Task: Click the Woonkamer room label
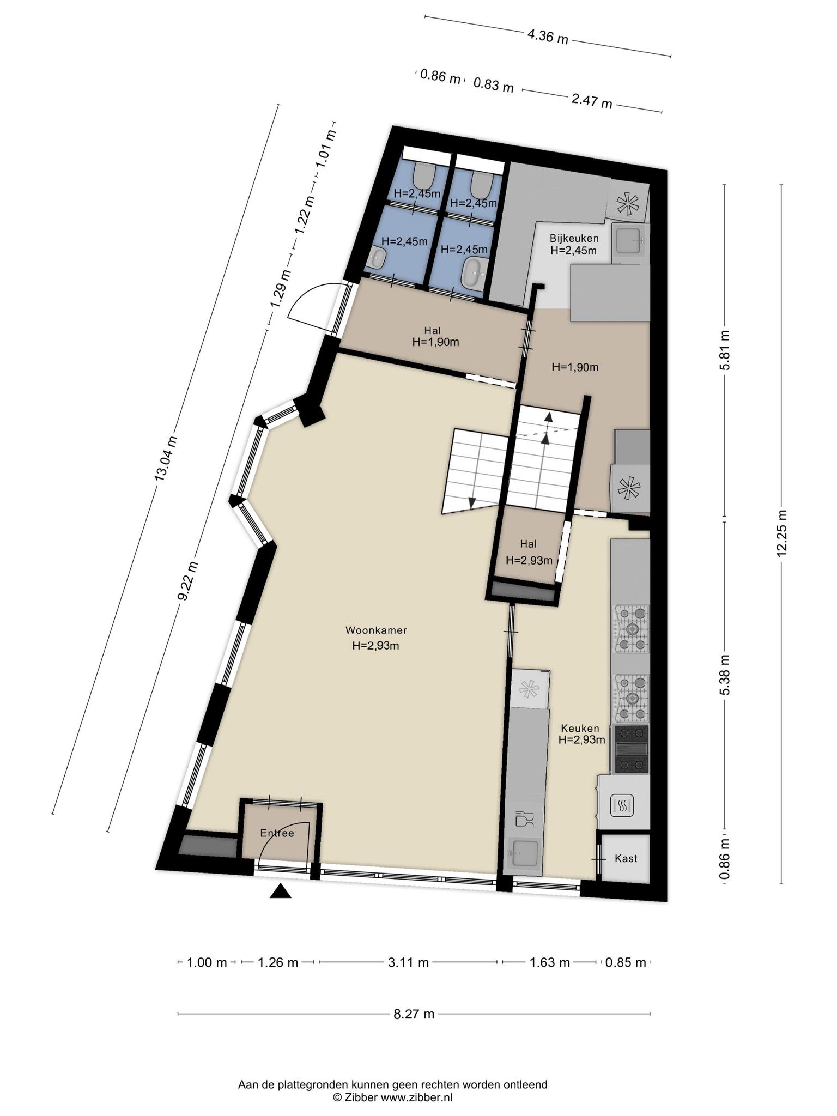(x=376, y=630)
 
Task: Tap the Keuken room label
(x=581, y=728)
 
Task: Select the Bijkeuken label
(x=574, y=238)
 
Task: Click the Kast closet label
(x=626, y=858)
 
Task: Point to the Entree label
(x=277, y=833)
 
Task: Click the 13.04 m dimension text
(x=166, y=458)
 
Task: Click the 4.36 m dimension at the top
(x=548, y=37)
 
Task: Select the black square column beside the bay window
(x=310, y=411)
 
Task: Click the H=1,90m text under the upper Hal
(x=435, y=342)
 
